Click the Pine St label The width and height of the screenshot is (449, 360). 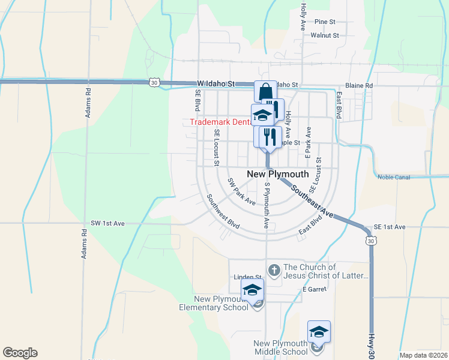click(324, 22)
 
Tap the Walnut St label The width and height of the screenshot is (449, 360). click(325, 35)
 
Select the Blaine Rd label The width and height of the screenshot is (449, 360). click(359, 86)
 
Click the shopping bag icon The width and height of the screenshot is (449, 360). click(265, 92)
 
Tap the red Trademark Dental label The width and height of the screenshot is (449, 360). click(220, 122)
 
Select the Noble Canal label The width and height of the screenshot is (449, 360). click(397, 176)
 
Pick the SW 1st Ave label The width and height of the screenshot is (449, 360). click(108, 223)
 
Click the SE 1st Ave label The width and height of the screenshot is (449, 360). click(390, 227)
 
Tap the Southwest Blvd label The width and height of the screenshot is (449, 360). click(223, 212)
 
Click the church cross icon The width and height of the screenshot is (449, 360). click(274, 269)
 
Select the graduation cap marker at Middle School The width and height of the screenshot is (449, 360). click(319, 331)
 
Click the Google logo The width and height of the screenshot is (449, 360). click(20, 353)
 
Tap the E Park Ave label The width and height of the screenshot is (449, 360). click(308, 142)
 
